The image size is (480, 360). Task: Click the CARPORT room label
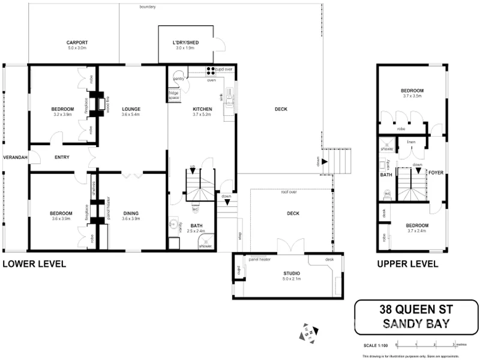click(77, 43)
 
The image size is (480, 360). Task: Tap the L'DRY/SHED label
click(185, 43)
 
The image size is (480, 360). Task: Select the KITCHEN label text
click(202, 109)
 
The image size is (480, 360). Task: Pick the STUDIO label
click(292, 273)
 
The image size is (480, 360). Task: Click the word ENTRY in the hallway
click(62, 157)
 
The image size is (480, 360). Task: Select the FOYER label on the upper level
click(435, 172)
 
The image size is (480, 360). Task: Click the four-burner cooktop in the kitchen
click(211, 70)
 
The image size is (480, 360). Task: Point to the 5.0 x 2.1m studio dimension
click(292, 279)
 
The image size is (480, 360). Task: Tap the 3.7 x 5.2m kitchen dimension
click(202, 115)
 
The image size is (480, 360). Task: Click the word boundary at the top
click(147, 7)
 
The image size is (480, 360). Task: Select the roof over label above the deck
click(289, 192)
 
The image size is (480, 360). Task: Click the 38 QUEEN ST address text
click(416, 310)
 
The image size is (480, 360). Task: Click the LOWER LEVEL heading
click(34, 264)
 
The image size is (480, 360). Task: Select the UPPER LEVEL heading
click(407, 264)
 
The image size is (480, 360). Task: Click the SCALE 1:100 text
click(376, 346)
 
